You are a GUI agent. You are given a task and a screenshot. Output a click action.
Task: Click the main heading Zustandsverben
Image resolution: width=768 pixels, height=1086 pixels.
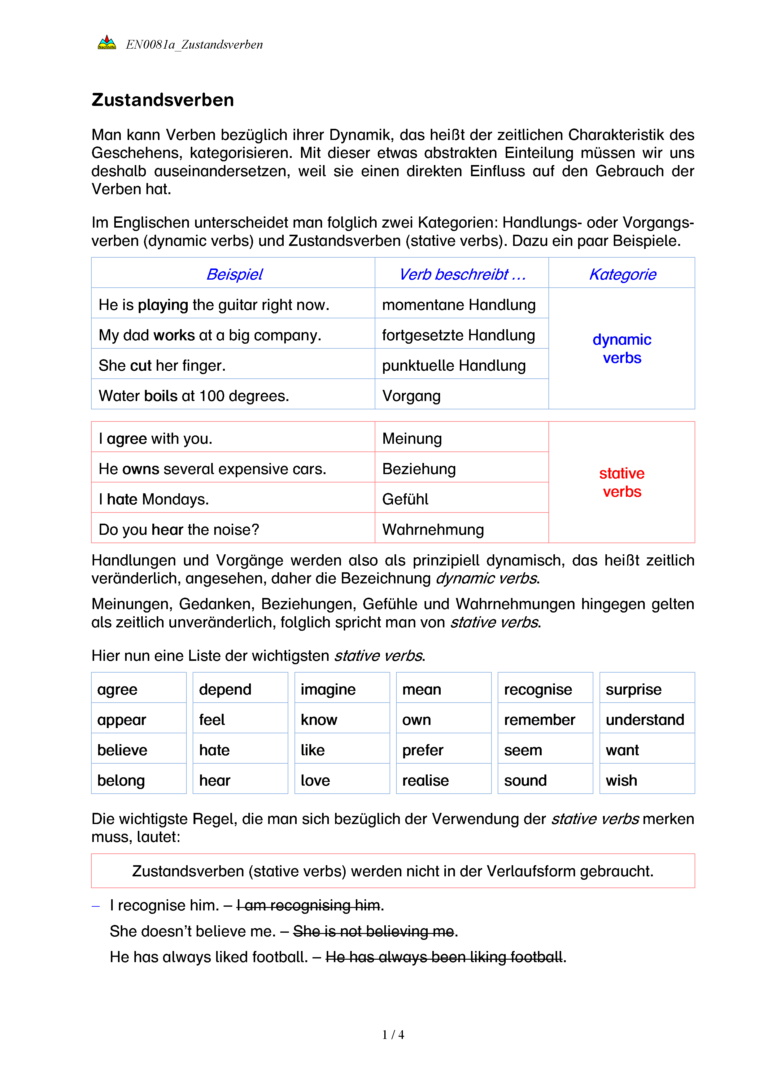163,100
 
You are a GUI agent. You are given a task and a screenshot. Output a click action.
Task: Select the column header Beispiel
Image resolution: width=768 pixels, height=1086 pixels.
234,274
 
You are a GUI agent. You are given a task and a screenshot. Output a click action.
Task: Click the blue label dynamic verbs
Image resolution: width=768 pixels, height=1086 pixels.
622,349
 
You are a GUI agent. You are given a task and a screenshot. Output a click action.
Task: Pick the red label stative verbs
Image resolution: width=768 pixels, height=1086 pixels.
622,482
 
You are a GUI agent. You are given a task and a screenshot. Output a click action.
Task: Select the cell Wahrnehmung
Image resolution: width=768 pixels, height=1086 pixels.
433,530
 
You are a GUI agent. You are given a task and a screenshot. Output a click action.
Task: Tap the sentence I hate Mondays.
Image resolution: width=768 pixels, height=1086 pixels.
154,499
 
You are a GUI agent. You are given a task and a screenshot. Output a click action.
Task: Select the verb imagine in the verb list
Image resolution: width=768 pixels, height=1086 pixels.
328,690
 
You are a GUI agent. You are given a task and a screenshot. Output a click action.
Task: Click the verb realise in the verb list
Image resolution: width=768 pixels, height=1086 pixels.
425,780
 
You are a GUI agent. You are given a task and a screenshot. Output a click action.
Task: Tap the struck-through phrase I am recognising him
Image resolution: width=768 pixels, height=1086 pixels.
308,905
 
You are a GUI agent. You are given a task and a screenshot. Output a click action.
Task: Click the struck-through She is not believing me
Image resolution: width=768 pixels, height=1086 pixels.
373,931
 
